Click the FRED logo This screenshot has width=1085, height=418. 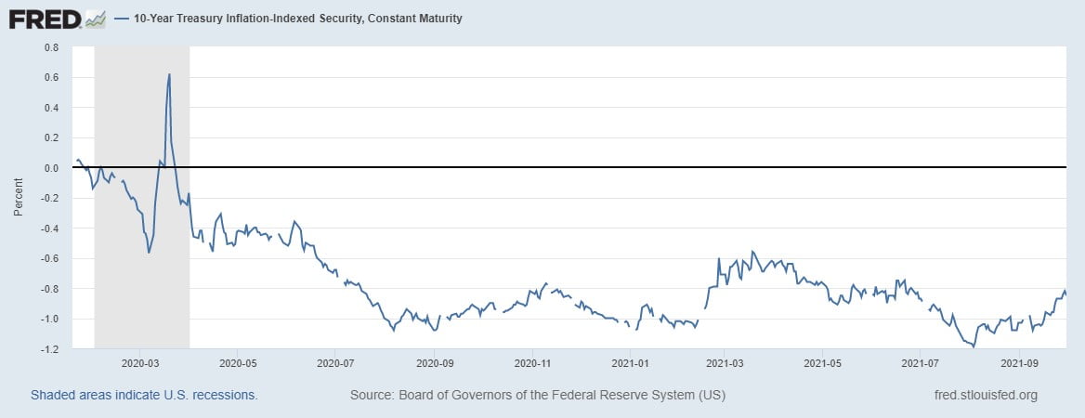pos(45,18)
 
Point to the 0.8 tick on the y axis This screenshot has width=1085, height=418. pos(51,46)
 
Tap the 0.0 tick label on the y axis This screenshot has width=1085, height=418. pos(51,168)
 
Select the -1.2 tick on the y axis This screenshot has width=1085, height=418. pos(49,349)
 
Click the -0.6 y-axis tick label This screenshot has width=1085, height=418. pos(49,258)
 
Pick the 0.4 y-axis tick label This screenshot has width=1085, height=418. pos(51,108)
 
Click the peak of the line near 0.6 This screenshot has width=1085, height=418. pos(169,74)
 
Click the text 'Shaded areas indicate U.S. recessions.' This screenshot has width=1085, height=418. pos(144,395)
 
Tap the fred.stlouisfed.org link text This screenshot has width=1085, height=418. pos(985,395)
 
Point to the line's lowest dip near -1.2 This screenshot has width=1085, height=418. pos(974,346)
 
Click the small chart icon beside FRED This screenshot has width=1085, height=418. pos(95,18)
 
